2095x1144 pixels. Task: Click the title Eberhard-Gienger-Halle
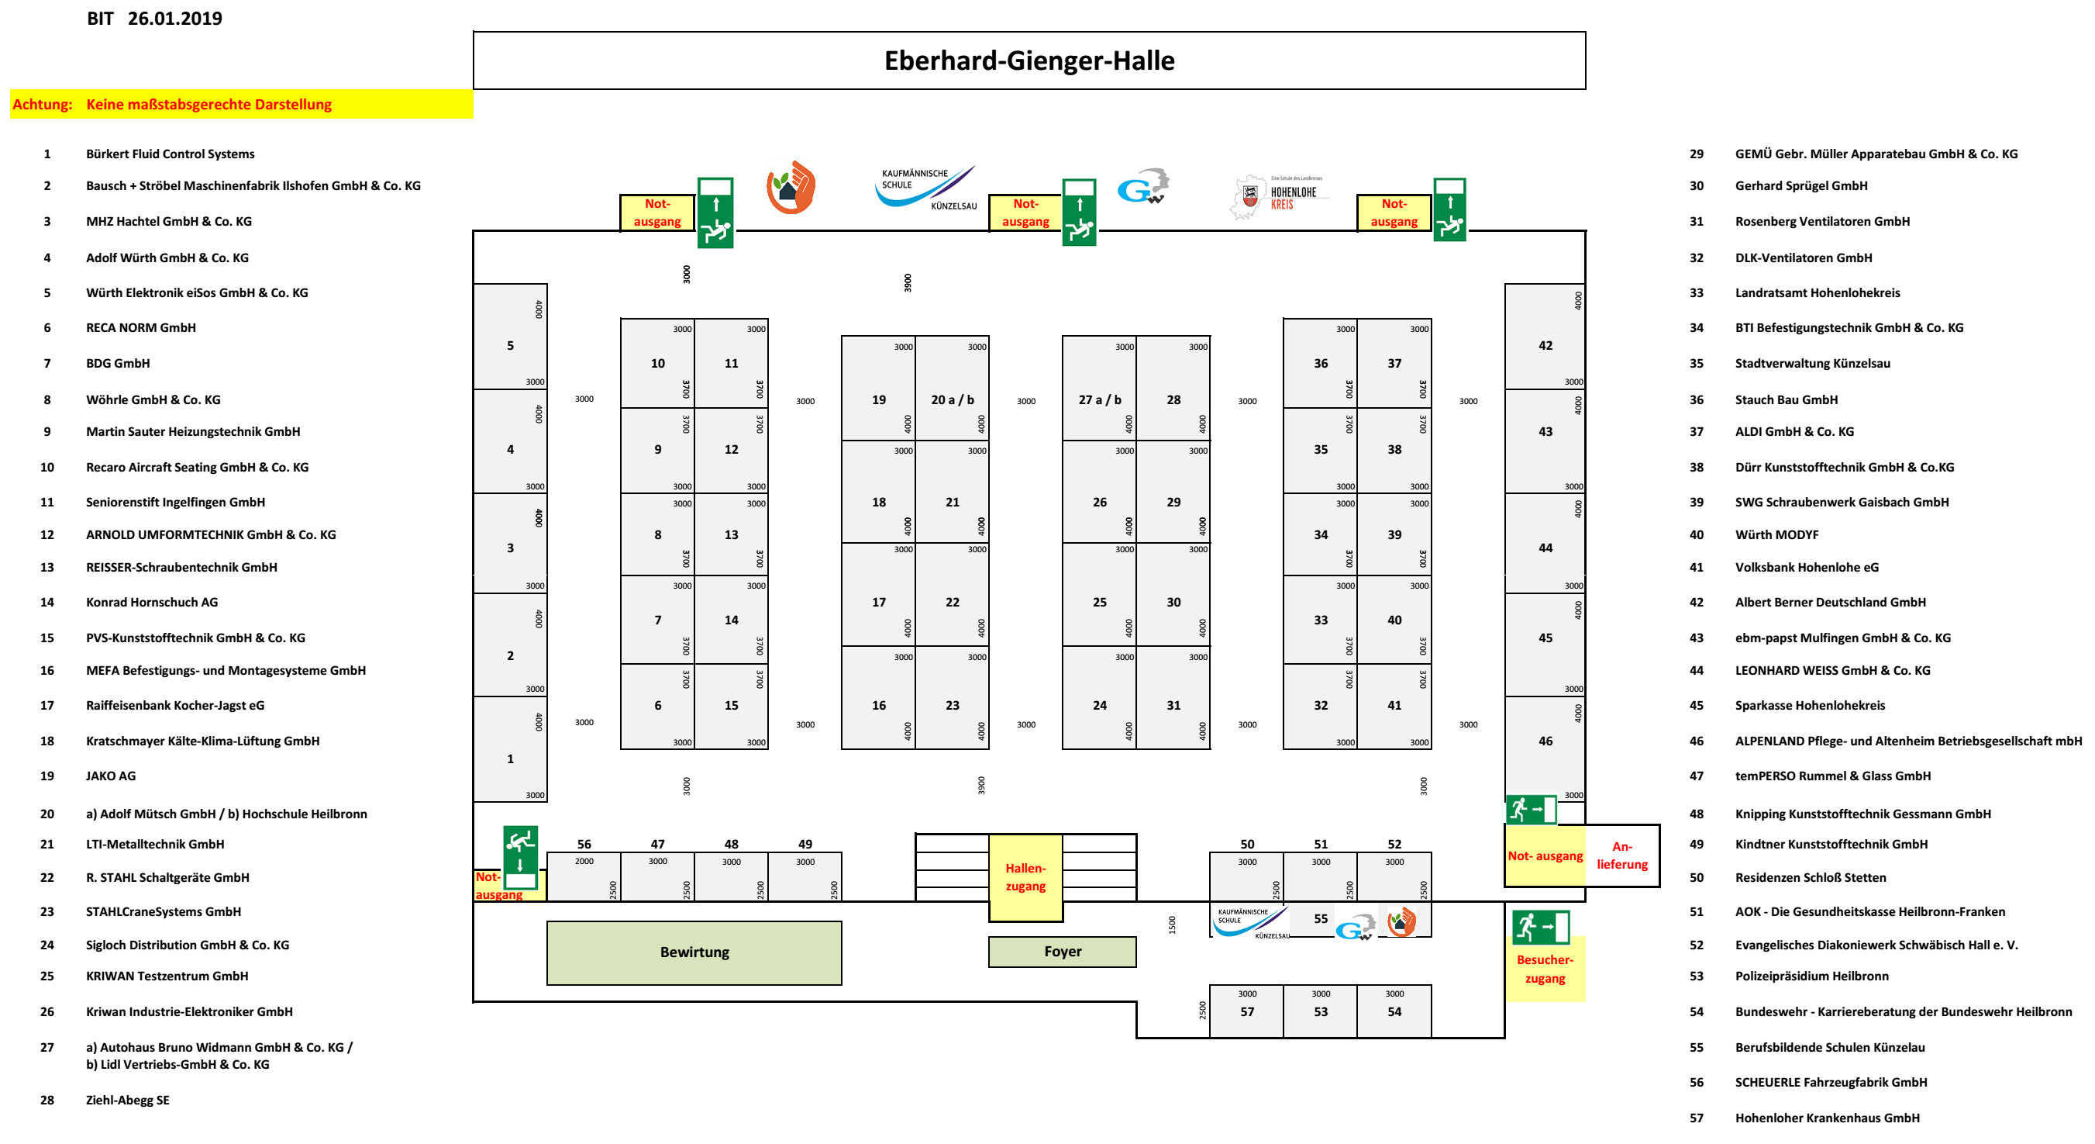1029,61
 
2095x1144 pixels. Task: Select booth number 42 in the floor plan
1545,345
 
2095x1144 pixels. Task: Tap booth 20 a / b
953,399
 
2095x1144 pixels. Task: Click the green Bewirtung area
694,952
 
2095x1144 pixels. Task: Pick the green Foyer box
1062,951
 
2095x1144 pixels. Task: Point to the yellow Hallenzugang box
1025,877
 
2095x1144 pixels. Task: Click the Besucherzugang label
1545,968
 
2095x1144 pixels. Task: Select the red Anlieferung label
1621,855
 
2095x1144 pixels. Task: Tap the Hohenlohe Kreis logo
1280,196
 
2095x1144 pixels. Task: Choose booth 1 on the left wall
510,759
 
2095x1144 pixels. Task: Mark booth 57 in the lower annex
1247,1011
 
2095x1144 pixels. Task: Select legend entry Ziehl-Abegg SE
128,1100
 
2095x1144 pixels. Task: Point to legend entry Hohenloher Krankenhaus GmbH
1827,1118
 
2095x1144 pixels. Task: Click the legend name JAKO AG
111,776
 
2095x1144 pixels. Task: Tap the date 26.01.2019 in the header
174,19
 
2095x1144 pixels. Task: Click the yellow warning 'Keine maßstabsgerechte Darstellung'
208,104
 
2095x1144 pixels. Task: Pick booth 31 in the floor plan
1173,704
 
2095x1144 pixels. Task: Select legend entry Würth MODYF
1776,534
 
